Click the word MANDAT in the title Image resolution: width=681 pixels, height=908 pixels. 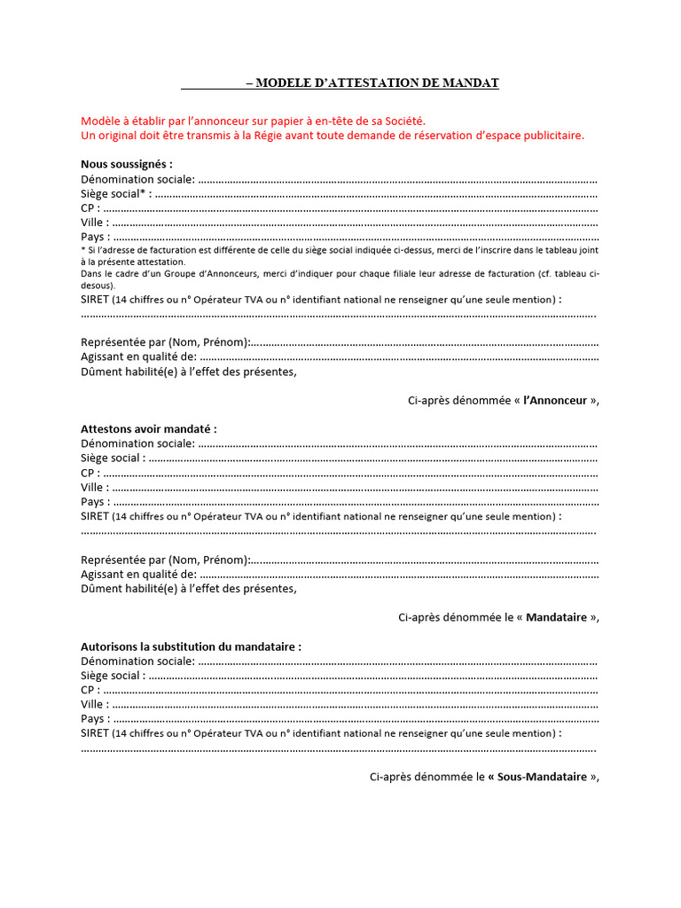(474, 83)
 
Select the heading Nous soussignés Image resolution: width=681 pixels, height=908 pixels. (127, 164)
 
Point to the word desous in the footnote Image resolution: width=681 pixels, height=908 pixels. (97, 286)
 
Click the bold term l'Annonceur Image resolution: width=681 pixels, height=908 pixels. (556, 401)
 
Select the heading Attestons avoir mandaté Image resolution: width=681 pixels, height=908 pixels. (149, 429)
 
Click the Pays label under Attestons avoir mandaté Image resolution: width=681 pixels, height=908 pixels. (93, 502)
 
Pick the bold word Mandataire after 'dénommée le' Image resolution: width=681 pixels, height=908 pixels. (556, 618)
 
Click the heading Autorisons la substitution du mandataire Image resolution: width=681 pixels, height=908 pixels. (191, 646)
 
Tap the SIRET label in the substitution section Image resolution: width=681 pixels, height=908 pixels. (95, 733)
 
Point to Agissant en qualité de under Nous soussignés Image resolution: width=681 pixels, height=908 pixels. (138, 356)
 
